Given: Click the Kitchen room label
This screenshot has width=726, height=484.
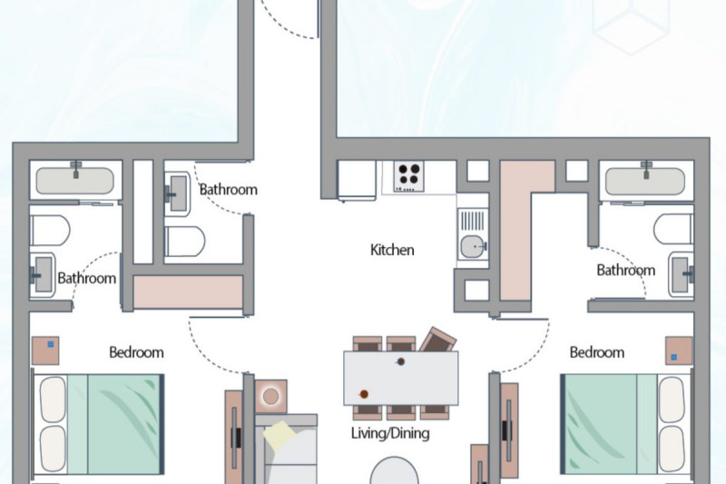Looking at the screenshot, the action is (x=392, y=250).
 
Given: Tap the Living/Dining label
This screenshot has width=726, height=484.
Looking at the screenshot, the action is (x=390, y=433).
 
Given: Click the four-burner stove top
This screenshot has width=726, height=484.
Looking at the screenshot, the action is (x=409, y=176).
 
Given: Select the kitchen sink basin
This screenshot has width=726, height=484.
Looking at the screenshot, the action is (x=472, y=246).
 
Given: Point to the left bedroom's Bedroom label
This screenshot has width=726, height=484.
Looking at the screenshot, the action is (x=137, y=352).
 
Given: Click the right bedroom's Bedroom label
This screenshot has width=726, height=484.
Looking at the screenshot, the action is (x=597, y=352).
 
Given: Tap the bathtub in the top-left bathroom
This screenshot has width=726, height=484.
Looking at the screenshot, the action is (x=75, y=180).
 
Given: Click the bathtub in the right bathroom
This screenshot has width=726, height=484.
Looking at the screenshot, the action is (x=645, y=180).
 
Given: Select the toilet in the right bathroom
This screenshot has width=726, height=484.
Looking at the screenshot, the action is (x=673, y=229).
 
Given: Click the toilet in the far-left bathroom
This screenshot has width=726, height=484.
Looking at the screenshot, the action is (x=50, y=230).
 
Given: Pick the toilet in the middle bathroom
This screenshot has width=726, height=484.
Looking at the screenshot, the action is (x=185, y=242).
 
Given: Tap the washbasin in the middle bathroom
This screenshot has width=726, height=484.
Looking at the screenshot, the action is (x=178, y=193).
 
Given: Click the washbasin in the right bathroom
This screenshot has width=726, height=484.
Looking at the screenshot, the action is (x=682, y=274).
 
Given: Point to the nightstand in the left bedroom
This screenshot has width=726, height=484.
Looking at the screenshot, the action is (x=45, y=351).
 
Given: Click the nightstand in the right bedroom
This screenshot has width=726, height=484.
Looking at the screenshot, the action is (x=679, y=351).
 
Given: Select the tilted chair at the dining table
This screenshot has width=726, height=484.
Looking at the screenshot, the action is (x=438, y=341).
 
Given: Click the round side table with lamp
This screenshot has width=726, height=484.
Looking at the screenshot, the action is (x=270, y=397).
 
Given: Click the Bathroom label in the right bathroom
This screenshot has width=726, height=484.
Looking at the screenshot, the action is (x=626, y=270).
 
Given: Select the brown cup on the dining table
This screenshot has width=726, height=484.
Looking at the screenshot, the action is (x=364, y=395).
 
